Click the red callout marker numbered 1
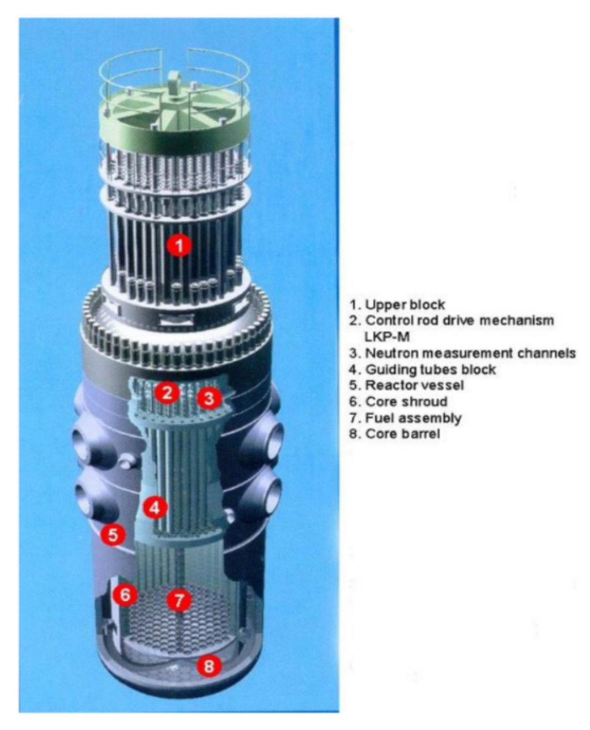[180, 245]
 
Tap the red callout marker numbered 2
[168, 392]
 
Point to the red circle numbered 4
[155, 508]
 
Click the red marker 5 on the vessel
[113, 535]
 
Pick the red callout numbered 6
[125, 595]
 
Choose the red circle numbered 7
[179, 600]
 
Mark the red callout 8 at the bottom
[209, 666]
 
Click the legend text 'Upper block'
[405, 305]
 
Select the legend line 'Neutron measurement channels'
[470, 353]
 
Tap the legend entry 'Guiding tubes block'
[430, 369]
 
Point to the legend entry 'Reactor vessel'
[414, 385]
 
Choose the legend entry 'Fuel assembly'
[413, 418]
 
